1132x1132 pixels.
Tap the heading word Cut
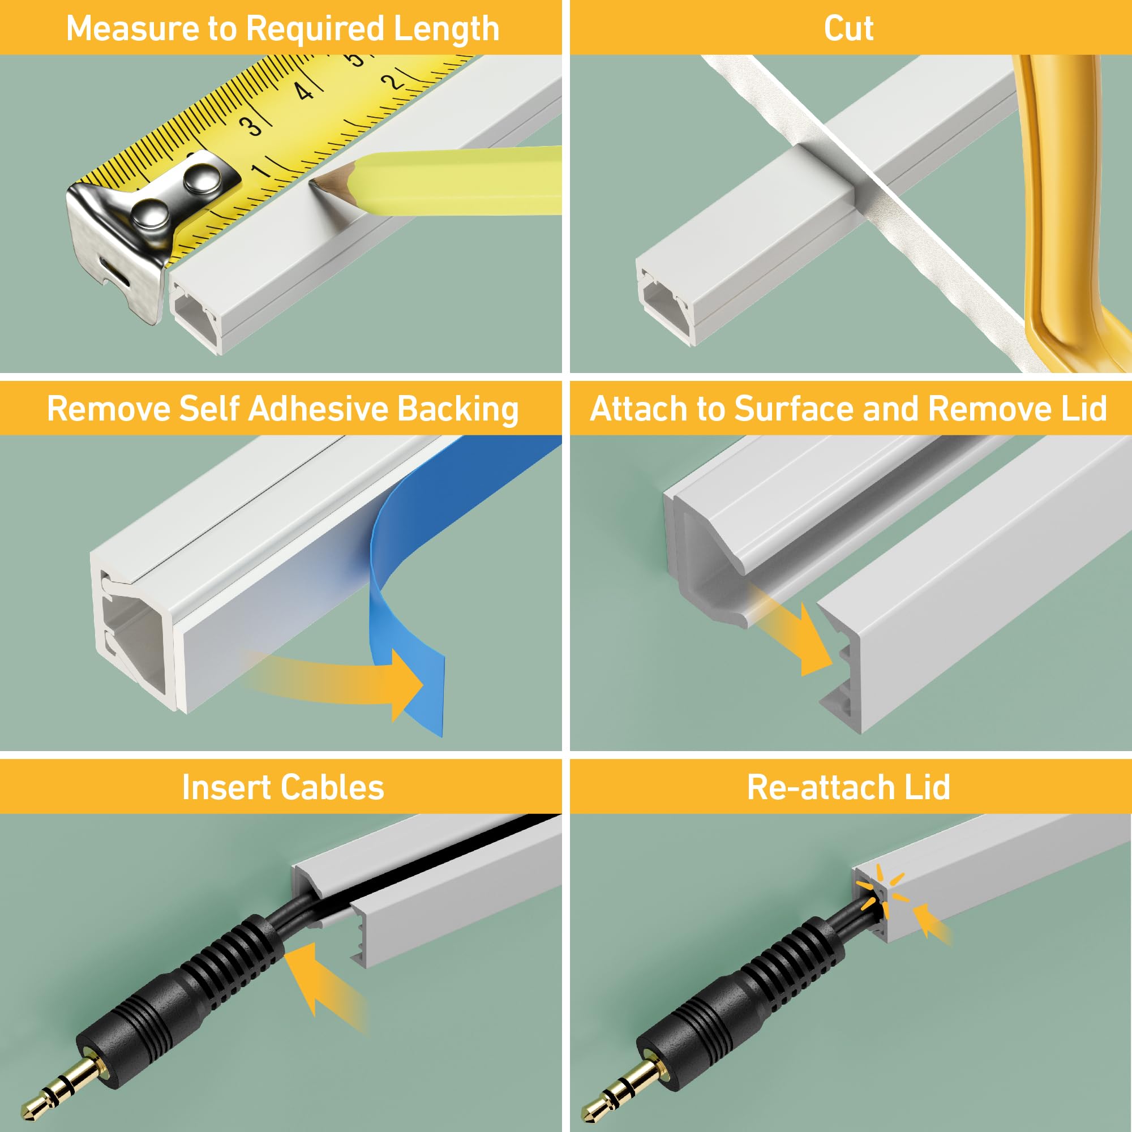(x=848, y=28)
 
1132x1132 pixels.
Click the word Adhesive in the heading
(x=318, y=409)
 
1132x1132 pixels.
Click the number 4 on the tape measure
(x=303, y=91)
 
